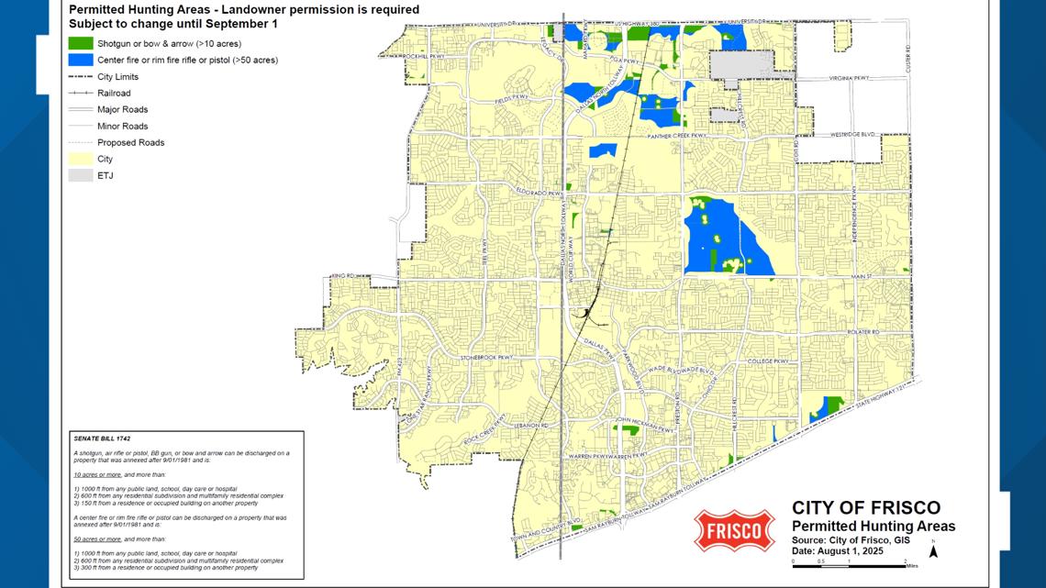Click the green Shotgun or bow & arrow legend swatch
click(x=81, y=43)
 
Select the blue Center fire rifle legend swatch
click(x=81, y=60)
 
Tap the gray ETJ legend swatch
click(x=81, y=175)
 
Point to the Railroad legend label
click(x=114, y=94)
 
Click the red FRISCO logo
click(x=734, y=530)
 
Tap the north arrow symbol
click(x=933, y=551)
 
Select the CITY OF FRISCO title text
click(x=865, y=508)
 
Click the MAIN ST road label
click(x=859, y=275)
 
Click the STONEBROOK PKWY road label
click(x=484, y=356)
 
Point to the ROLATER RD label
click(x=862, y=332)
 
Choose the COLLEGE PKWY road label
click(x=768, y=361)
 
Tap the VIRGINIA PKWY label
click(x=847, y=79)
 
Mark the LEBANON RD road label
click(x=530, y=427)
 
